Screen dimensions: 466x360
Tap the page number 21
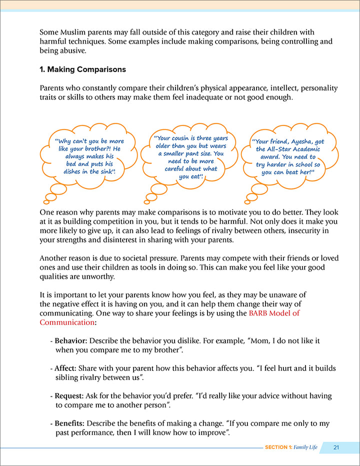(x=336, y=447)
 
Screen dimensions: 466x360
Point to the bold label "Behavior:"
(x=70, y=340)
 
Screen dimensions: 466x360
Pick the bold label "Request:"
(x=69, y=395)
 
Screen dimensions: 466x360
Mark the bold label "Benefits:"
(x=69, y=423)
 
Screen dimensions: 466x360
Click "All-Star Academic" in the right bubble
(x=284, y=149)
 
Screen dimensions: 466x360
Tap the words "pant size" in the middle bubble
(x=199, y=153)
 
